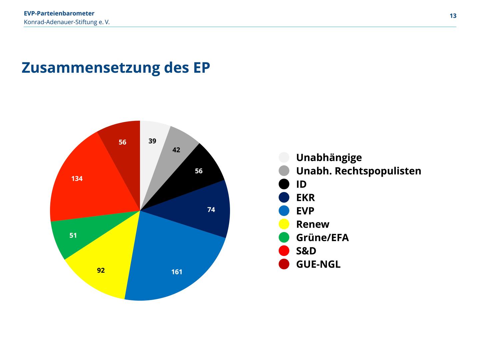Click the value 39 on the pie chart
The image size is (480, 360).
click(152, 141)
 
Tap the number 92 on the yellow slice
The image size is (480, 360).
click(101, 270)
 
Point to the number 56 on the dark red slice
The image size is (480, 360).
click(122, 142)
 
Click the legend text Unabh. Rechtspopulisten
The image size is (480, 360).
click(358, 171)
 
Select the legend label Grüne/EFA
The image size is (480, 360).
click(322, 238)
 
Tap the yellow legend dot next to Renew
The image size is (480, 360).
click(284, 224)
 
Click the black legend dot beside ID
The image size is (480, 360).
click(284, 184)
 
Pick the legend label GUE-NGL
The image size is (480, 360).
click(318, 264)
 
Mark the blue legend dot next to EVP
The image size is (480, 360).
click(284, 211)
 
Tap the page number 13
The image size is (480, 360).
click(453, 16)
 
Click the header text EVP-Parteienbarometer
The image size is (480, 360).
click(59, 13)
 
